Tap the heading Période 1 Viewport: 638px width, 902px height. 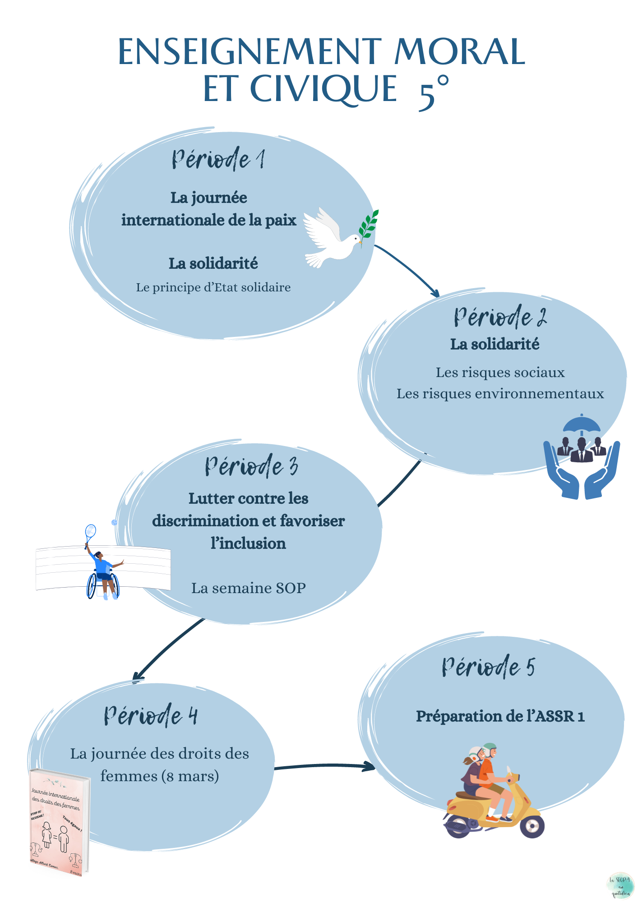click(218, 159)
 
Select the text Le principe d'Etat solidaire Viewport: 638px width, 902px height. click(213, 287)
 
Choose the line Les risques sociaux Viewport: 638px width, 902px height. click(500, 373)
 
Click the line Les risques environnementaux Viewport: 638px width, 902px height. click(500, 394)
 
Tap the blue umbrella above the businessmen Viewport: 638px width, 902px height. click(582, 424)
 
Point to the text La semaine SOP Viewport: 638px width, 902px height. click(249, 588)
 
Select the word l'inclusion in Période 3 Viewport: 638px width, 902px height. click(248, 543)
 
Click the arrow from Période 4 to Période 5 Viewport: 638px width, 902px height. click(325, 766)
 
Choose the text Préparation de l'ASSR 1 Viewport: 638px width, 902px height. click(500, 716)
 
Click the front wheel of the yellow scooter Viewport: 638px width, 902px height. click(532, 826)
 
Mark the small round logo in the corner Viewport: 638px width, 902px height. click(620, 885)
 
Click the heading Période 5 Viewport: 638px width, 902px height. click(488, 667)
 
